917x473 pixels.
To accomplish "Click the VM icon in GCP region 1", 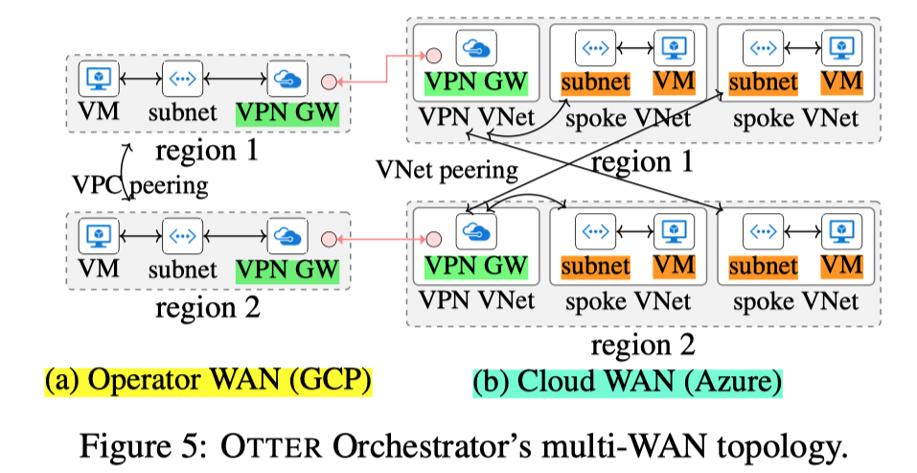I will tap(97, 78).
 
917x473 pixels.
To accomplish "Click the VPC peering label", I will tap(140, 185).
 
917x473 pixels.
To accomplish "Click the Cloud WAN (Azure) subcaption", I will tap(628, 380).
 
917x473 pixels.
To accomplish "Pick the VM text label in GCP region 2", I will tap(98, 269).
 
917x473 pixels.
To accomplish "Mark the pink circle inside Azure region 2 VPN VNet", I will tap(433, 238).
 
